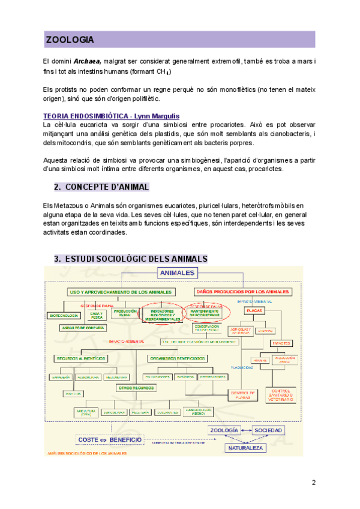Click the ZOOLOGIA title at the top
[x=70, y=40]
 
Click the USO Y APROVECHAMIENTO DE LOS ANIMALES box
[x=121, y=292]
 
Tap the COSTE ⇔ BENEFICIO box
[x=109, y=440]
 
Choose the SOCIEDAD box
[x=268, y=431]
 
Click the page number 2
[x=313, y=483]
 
